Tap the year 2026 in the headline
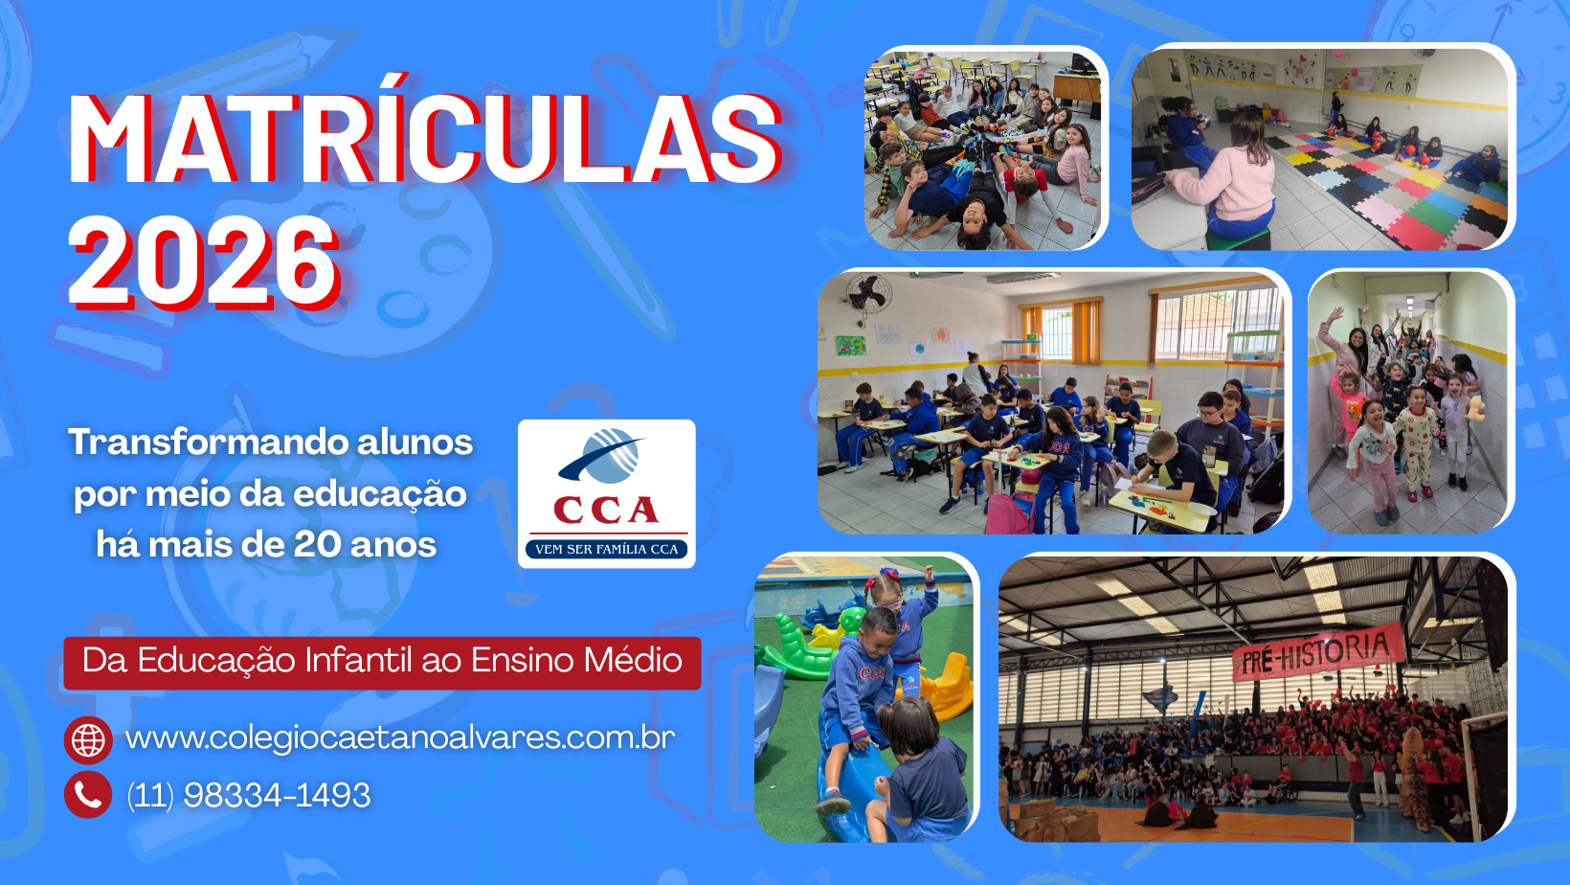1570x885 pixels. coord(204,262)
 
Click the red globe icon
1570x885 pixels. coord(88,739)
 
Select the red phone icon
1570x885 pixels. coord(88,795)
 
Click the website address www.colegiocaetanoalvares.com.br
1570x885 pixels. coord(400,738)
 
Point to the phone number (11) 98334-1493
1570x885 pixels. coord(249,795)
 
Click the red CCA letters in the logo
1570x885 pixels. coord(606,511)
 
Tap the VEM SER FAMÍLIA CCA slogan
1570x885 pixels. coord(607,549)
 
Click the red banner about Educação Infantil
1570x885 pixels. coord(383,663)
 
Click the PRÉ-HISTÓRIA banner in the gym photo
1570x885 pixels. coord(1317,652)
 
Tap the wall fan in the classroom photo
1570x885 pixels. coord(869,295)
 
